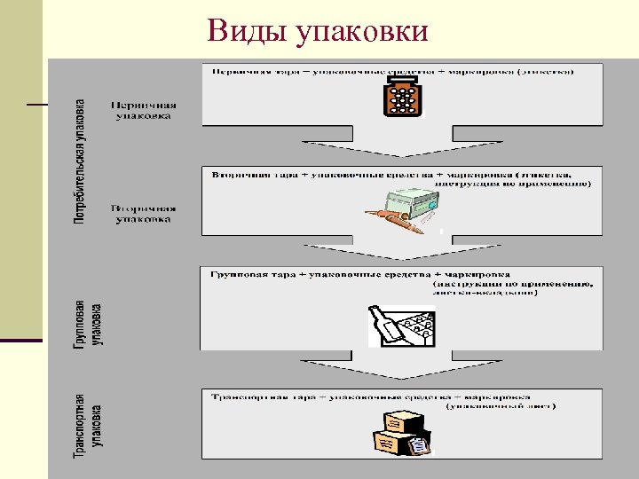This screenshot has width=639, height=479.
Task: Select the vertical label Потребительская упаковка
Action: pyautogui.click(x=80, y=161)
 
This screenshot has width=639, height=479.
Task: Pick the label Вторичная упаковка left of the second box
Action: pyautogui.click(x=144, y=214)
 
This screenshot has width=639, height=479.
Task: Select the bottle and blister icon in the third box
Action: pyautogui.click(x=401, y=326)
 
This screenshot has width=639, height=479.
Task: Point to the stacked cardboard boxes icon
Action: pyautogui.click(x=400, y=435)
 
